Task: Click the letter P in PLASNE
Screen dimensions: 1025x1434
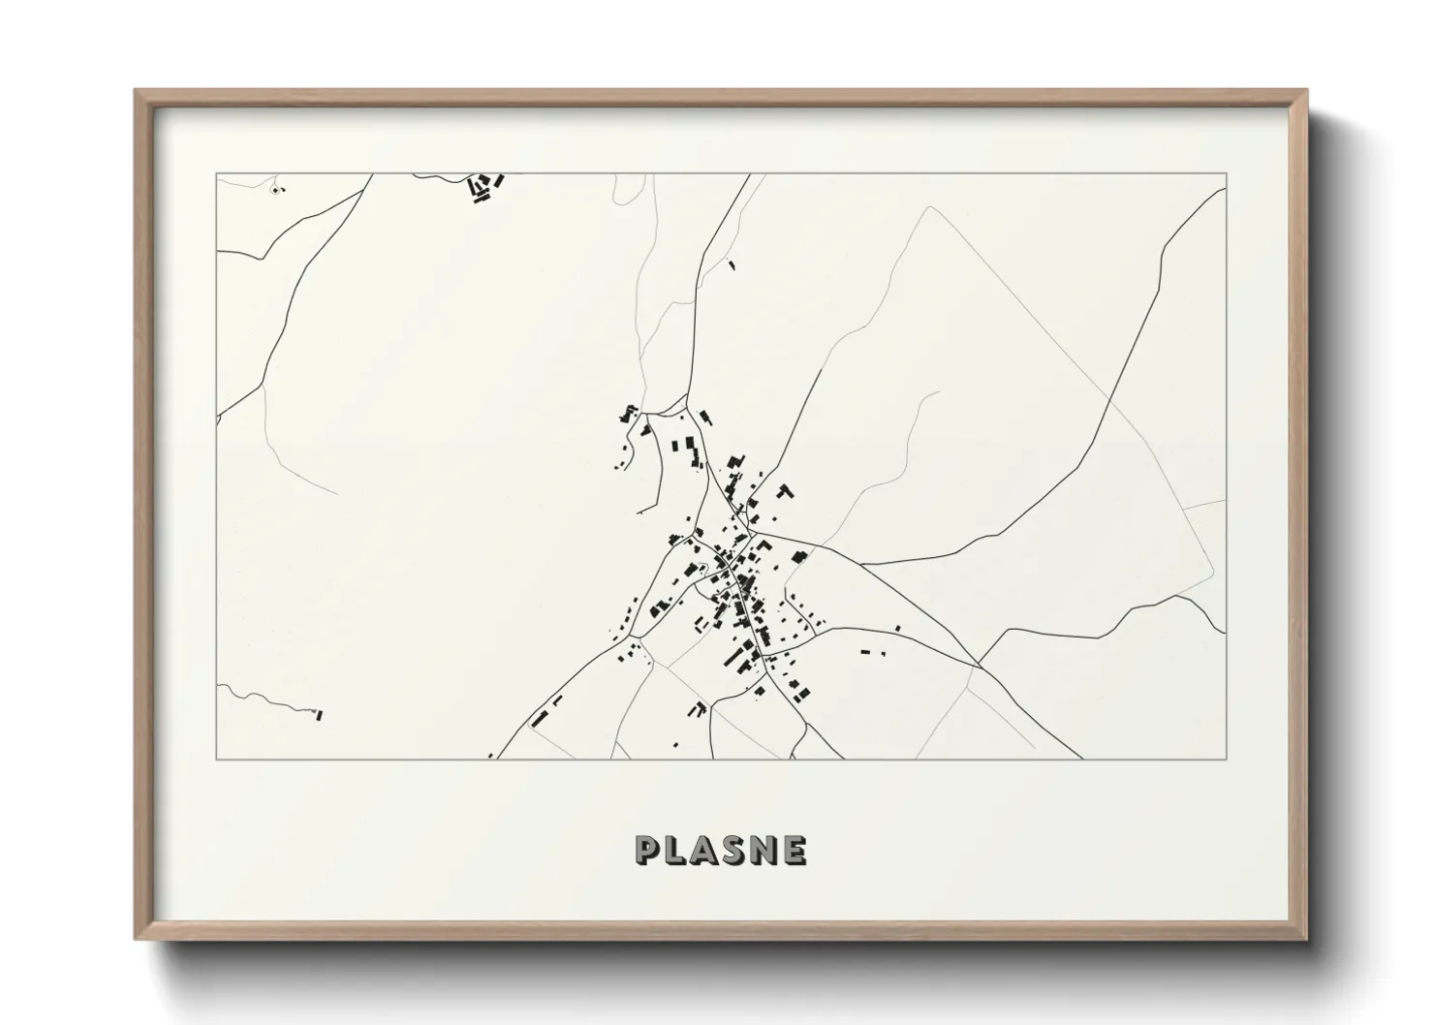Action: click(x=647, y=850)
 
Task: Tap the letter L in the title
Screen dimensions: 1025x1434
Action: click(x=678, y=850)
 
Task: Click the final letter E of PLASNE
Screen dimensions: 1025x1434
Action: click(x=796, y=850)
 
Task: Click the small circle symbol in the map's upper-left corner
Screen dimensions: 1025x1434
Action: click(x=276, y=190)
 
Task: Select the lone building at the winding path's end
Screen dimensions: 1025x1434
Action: click(x=318, y=716)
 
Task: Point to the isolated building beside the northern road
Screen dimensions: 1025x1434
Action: click(x=732, y=264)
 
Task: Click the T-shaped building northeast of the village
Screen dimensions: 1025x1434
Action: click(x=786, y=491)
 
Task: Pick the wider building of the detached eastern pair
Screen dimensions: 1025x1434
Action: click(x=866, y=651)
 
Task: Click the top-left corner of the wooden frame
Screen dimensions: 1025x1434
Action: click(x=137, y=91)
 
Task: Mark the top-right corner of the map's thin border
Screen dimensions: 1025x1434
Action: click(x=1227, y=174)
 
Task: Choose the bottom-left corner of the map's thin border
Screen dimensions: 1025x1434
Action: click(x=216, y=759)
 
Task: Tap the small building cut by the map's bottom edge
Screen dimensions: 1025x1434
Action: click(x=490, y=755)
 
